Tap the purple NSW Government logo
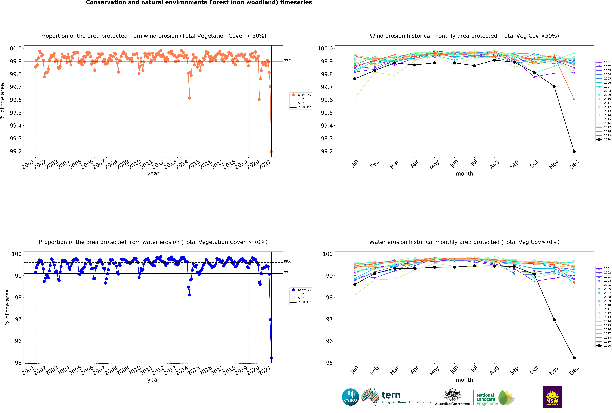pos(552,397)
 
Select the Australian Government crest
pos(452,395)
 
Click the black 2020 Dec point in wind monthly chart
pos(574,152)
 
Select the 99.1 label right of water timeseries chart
pos(287,272)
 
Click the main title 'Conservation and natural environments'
pos(199,3)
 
